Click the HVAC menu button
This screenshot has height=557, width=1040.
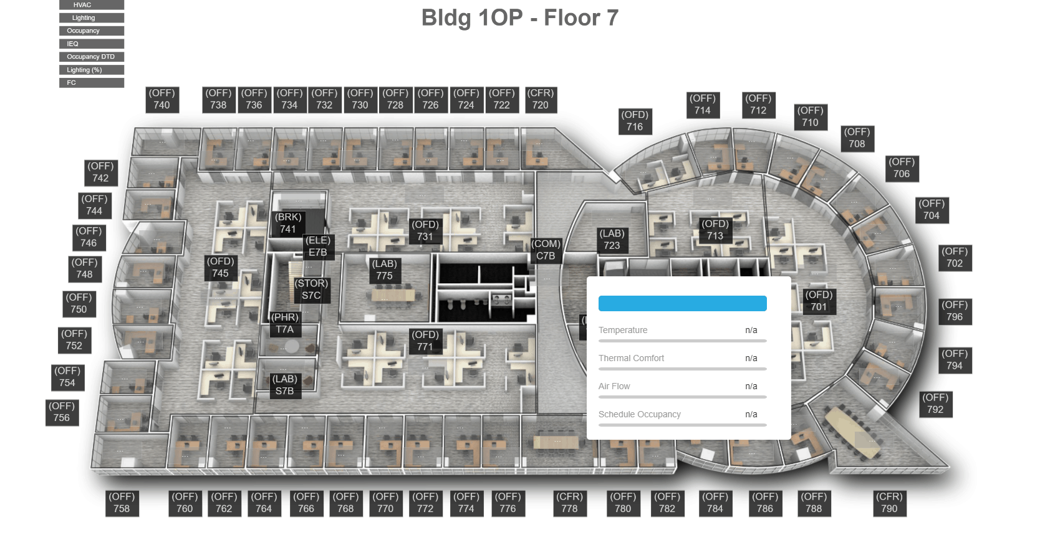pos(91,4)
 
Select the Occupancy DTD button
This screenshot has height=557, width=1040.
pos(91,57)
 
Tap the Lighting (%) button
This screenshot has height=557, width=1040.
pos(91,70)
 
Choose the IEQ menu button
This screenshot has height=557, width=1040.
pos(91,44)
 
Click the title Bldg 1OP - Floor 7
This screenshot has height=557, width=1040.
pos(519,17)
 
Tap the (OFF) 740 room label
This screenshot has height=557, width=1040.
pos(161,99)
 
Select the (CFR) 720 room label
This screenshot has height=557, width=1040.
pos(540,99)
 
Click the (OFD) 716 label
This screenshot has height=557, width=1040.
pos(635,121)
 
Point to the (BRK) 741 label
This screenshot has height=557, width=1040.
pos(288,223)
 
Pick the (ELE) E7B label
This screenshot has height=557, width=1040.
pos(318,246)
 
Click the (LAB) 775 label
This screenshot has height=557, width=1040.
pos(384,270)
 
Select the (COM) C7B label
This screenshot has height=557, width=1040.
pos(546,249)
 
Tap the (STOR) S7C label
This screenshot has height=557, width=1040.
pos(311,289)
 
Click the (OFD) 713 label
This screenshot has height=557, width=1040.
pos(715,230)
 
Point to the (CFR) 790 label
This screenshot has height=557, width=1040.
pos(889,503)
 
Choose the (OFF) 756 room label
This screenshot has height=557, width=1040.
pos(62,412)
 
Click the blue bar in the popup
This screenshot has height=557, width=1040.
pos(682,304)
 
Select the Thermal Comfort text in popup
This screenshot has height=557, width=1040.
pos(631,358)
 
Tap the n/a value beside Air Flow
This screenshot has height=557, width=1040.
pos(751,386)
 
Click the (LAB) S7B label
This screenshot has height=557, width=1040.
pos(284,385)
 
